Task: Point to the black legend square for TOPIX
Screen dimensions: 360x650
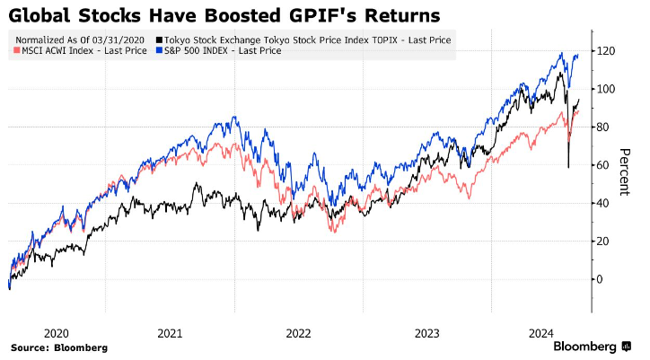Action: point(159,40)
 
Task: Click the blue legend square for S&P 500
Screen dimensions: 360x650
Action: point(159,51)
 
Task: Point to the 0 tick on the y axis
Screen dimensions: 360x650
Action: point(603,279)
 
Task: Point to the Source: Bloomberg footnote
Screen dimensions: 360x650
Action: point(59,347)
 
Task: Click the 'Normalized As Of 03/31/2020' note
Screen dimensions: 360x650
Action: point(81,40)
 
